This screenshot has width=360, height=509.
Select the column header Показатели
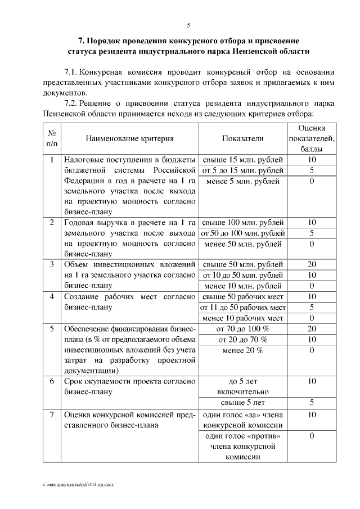click(x=242, y=138)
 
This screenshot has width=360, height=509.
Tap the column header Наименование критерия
click(x=130, y=138)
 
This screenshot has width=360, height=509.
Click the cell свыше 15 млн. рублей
click(x=243, y=160)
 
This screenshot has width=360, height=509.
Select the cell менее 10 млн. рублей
click(x=243, y=286)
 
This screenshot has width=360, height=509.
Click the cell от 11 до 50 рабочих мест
click(x=243, y=307)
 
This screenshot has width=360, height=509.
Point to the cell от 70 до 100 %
click(x=243, y=329)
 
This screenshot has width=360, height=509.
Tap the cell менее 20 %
click(x=243, y=350)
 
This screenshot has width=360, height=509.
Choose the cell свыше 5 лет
click(x=243, y=402)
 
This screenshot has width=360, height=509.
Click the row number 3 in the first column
click(x=52, y=264)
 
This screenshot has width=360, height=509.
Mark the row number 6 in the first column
click(x=52, y=381)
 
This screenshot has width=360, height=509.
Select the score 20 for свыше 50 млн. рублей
click(x=312, y=264)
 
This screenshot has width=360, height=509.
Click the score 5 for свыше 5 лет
click(x=312, y=402)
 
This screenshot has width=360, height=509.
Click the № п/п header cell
click(x=52, y=138)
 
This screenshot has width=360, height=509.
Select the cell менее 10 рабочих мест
click(x=243, y=318)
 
